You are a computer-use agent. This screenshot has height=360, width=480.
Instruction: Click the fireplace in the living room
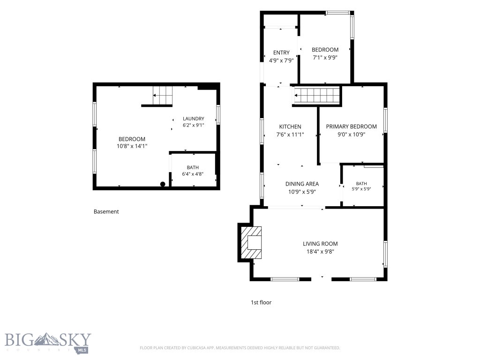251,242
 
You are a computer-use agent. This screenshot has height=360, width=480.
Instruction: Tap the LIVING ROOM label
320,244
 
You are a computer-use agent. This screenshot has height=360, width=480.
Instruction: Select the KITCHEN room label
290,127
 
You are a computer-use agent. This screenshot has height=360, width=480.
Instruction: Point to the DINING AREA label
302,184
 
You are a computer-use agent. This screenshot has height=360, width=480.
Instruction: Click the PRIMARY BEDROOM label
351,127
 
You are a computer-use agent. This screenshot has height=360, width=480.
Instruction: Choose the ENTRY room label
281,52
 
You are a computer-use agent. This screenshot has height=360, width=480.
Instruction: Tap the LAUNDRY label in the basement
194,119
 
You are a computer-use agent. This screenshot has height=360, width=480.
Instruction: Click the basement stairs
163,95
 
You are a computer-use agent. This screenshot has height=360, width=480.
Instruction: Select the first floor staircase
317,96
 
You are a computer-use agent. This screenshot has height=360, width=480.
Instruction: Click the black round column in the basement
163,184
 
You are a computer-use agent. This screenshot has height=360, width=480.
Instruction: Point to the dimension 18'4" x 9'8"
320,252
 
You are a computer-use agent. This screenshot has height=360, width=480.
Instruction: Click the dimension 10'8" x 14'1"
132,146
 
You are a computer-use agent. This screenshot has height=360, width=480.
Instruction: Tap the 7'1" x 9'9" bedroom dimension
325,57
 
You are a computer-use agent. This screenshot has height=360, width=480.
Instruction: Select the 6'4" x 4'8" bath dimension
193,174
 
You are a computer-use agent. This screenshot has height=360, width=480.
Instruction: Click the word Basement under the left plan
106,211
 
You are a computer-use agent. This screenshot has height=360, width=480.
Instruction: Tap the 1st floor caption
261,302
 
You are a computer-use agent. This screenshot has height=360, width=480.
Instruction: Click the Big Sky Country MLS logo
48,343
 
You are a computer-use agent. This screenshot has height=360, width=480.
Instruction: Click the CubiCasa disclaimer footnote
240,348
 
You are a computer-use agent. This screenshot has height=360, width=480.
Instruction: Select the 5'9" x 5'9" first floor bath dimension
361,189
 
